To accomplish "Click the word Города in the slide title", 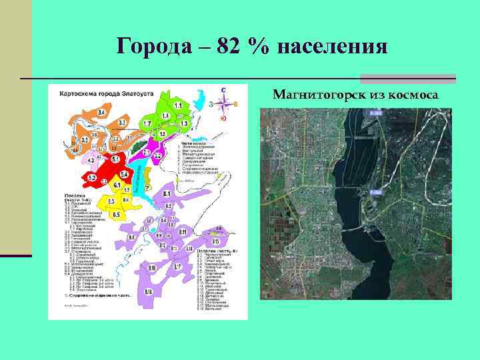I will tap(147, 47).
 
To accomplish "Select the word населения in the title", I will tap(331, 47).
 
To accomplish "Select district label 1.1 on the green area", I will tap(178, 105).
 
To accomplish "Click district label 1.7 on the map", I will tap(147, 125).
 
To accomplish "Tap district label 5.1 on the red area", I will tap(115, 160).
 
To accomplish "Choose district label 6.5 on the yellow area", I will tap(116, 215).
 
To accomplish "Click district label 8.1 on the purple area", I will tap(166, 193).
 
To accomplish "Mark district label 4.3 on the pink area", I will tap(90, 161).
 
